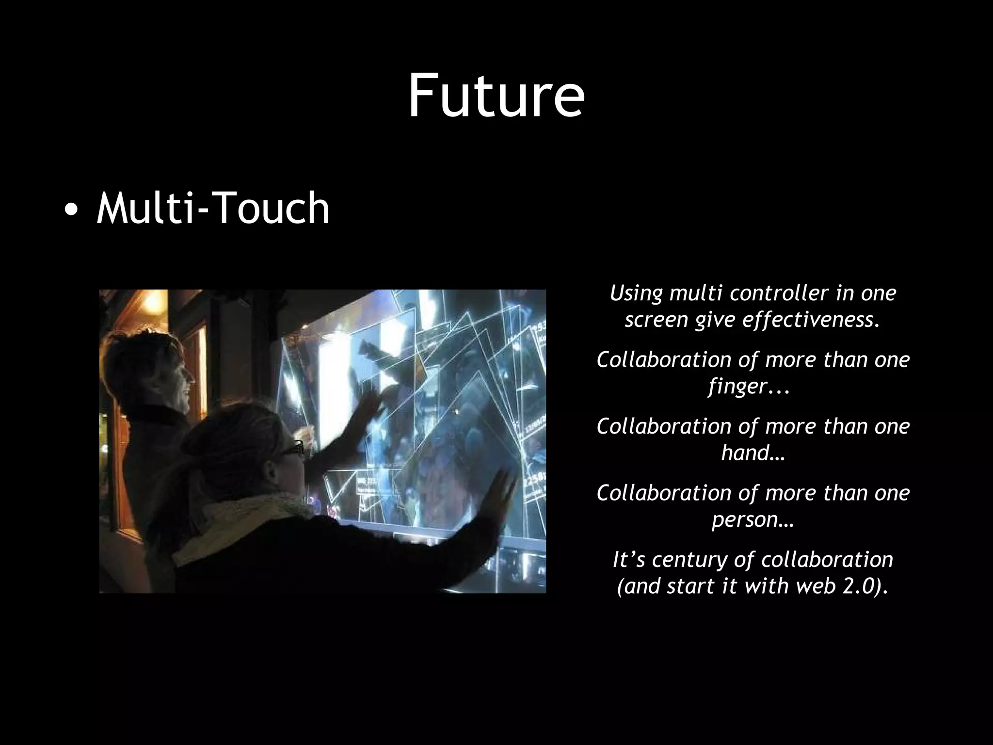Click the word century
click(x=690, y=560)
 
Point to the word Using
click(x=637, y=293)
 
